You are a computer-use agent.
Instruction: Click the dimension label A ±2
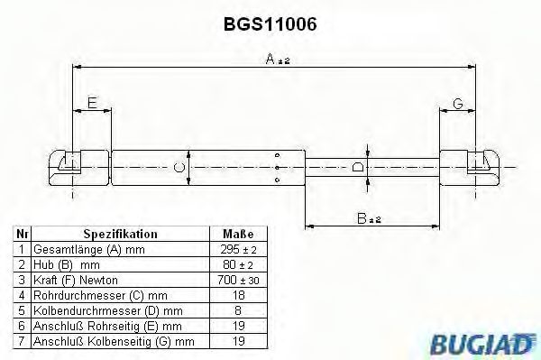pyautogui.click(x=275, y=60)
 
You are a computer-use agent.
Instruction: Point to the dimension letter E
pyautogui.click(x=92, y=105)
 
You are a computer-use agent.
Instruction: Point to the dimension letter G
pyautogui.click(x=457, y=105)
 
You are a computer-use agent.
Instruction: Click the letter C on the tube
pyautogui.click(x=179, y=167)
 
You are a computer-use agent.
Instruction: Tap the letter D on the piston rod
pyautogui.click(x=358, y=167)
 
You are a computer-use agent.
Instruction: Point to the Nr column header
pyautogui.click(x=22, y=233)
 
